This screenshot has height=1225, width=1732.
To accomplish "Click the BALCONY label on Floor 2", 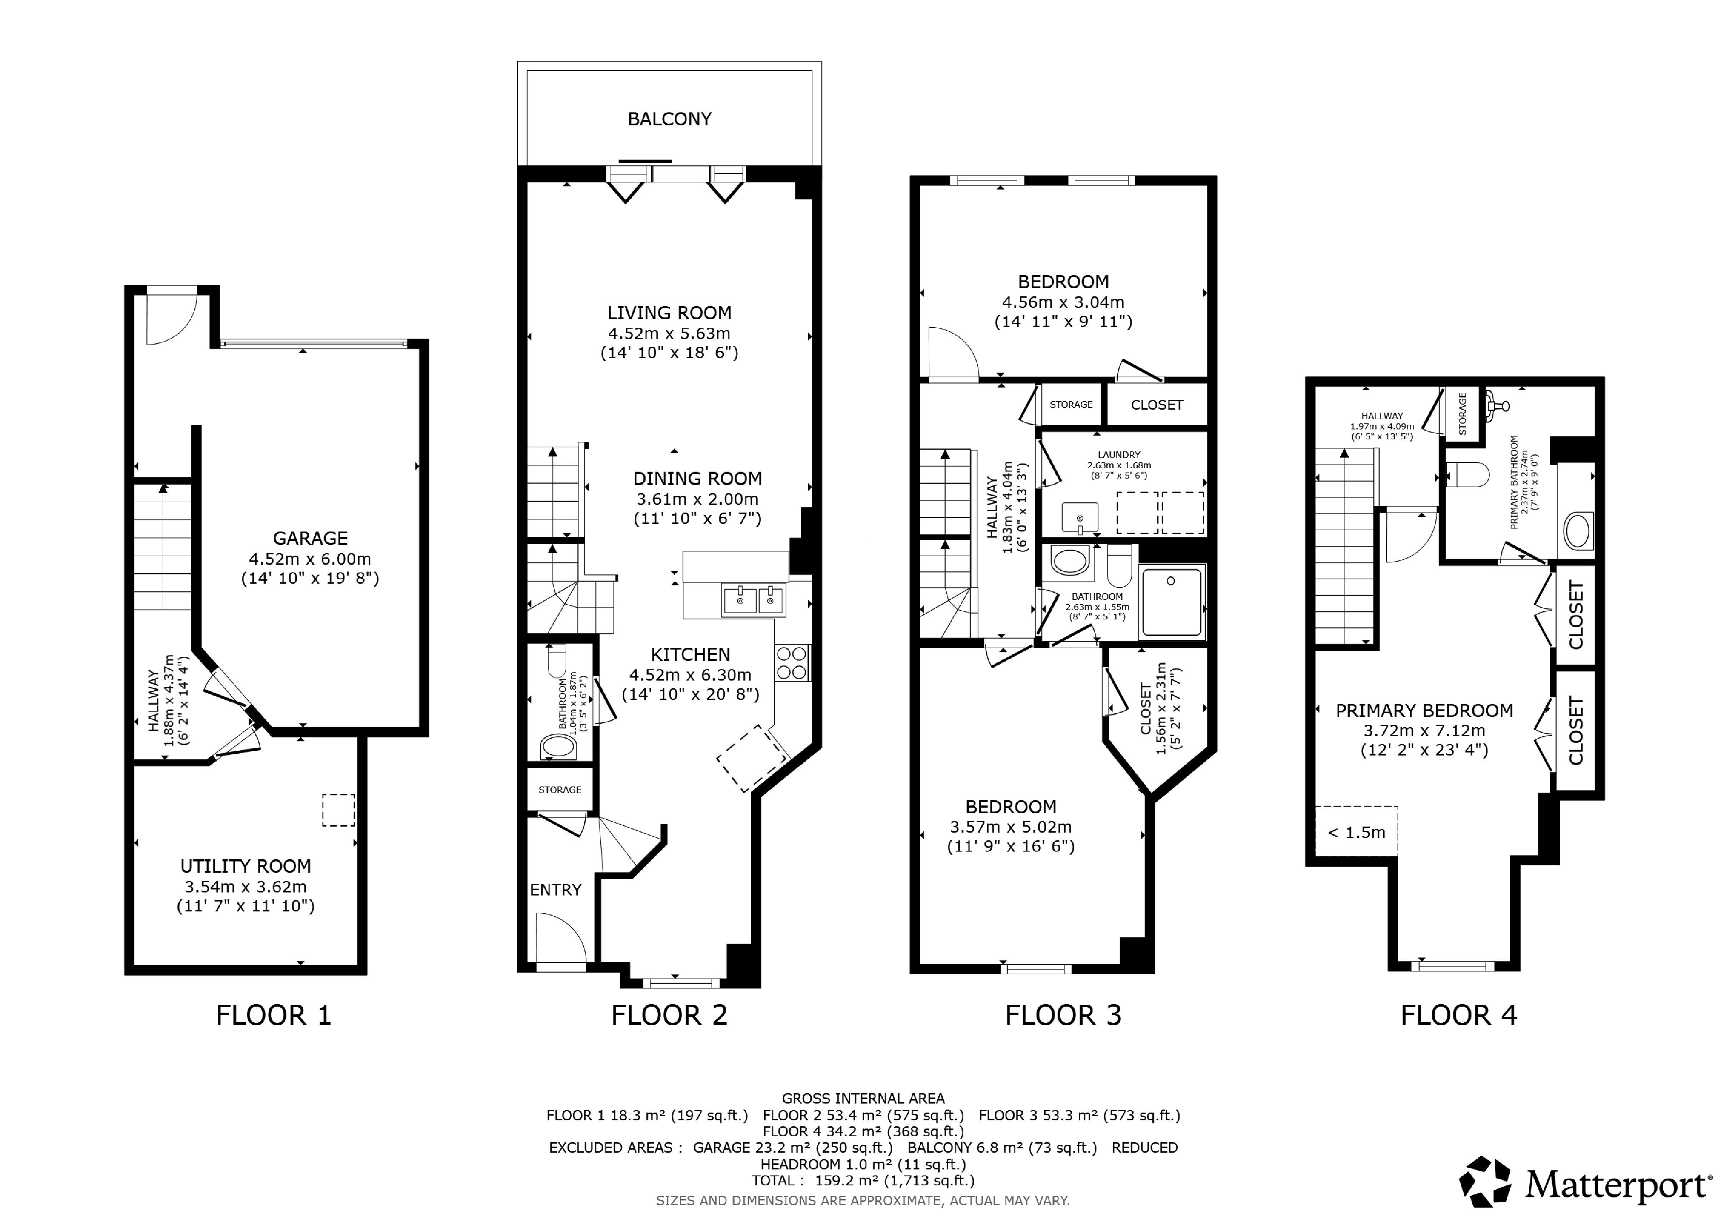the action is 669,119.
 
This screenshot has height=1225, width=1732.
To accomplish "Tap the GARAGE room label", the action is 310,538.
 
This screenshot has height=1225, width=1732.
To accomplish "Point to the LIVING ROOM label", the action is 669,313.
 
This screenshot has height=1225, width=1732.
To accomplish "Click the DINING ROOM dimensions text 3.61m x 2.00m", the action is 697,499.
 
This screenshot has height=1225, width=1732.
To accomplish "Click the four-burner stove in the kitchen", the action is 792,663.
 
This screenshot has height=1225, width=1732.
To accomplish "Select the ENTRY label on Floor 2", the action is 555,890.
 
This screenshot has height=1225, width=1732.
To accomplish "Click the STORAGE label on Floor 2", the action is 560,790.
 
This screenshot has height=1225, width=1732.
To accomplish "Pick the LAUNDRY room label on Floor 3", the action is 1119,455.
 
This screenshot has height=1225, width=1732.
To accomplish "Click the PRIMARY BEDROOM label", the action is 1424,711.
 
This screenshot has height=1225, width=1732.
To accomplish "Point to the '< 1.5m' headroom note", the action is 1356,833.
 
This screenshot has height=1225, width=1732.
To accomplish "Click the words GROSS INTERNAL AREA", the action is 863,1099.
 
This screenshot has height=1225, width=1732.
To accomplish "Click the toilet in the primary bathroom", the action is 1468,475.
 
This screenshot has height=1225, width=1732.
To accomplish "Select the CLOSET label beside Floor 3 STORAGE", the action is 1156,405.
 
